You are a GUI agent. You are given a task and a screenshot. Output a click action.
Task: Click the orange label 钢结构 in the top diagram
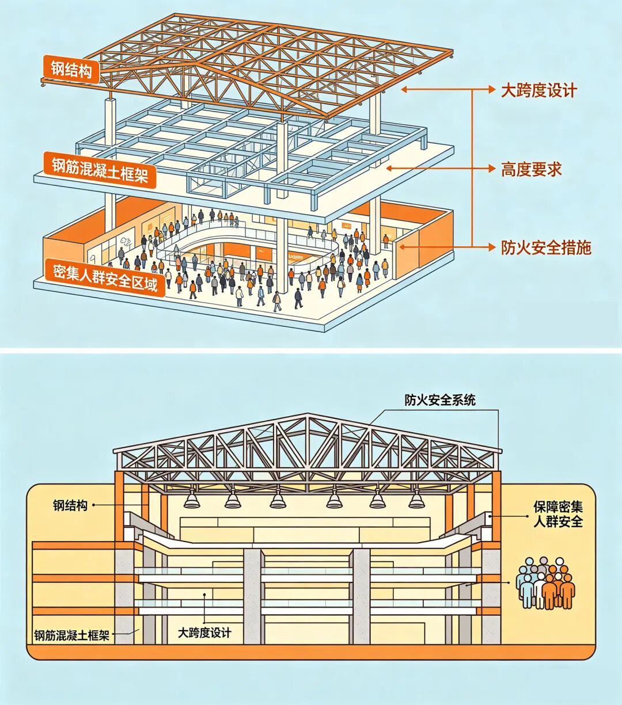pyautogui.click(x=71, y=69)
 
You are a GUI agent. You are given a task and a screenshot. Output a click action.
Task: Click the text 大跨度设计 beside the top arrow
pyautogui.click(x=538, y=90)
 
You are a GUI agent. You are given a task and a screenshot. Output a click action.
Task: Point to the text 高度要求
pyautogui.click(x=531, y=169)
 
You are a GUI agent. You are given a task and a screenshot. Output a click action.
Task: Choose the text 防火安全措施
pyautogui.click(x=546, y=248)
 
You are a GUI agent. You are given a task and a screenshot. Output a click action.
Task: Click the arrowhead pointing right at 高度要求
pyautogui.click(x=491, y=169)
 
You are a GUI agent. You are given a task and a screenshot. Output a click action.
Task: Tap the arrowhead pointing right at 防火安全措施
pyautogui.click(x=491, y=248)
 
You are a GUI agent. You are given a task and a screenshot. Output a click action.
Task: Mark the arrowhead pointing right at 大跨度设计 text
pyautogui.click(x=491, y=90)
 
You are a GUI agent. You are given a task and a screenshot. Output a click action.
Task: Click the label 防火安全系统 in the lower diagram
pyautogui.click(x=440, y=400)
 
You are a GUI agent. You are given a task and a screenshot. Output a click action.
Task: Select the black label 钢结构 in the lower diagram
pyautogui.click(x=70, y=505)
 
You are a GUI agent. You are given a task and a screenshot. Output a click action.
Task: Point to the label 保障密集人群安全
pyautogui.click(x=557, y=514)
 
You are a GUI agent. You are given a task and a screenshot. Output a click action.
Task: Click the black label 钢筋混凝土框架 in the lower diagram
pyautogui.click(x=71, y=635)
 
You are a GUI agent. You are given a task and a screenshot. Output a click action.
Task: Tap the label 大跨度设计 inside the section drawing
pyautogui.click(x=204, y=633)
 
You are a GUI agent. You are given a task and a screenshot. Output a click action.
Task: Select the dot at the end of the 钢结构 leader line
pyautogui.click(x=93, y=505)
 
